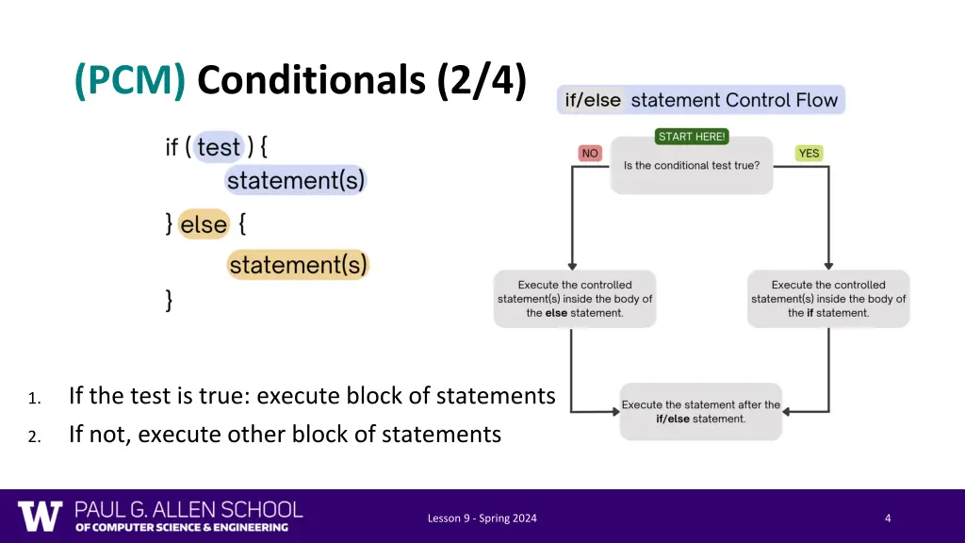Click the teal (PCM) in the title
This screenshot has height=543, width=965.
pos(130,81)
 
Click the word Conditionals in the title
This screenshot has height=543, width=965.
pos(311,81)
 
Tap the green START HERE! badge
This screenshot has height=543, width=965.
pos(692,137)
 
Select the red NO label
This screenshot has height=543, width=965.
pos(590,154)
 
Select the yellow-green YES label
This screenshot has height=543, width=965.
pos(809,154)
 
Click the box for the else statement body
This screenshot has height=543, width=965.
pos(575,299)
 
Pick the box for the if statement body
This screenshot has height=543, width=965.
pos(828,299)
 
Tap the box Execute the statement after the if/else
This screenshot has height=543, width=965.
pos(701,412)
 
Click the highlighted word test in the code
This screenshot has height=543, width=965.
pos(219,148)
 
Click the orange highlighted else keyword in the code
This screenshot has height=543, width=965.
pos(204,225)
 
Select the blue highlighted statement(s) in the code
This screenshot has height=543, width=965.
pos(295,180)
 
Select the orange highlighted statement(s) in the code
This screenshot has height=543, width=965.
pos(298,265)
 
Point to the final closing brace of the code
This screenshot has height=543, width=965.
pos(170,301)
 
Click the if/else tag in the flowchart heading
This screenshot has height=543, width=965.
pos(593,101)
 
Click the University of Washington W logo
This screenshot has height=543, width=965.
pos(40,516)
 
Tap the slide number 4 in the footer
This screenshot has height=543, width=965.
pos(888,518)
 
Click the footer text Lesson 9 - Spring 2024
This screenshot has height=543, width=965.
pos(482,518)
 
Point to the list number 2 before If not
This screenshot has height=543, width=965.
pos(33,436)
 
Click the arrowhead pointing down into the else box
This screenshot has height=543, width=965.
pos(571,265)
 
